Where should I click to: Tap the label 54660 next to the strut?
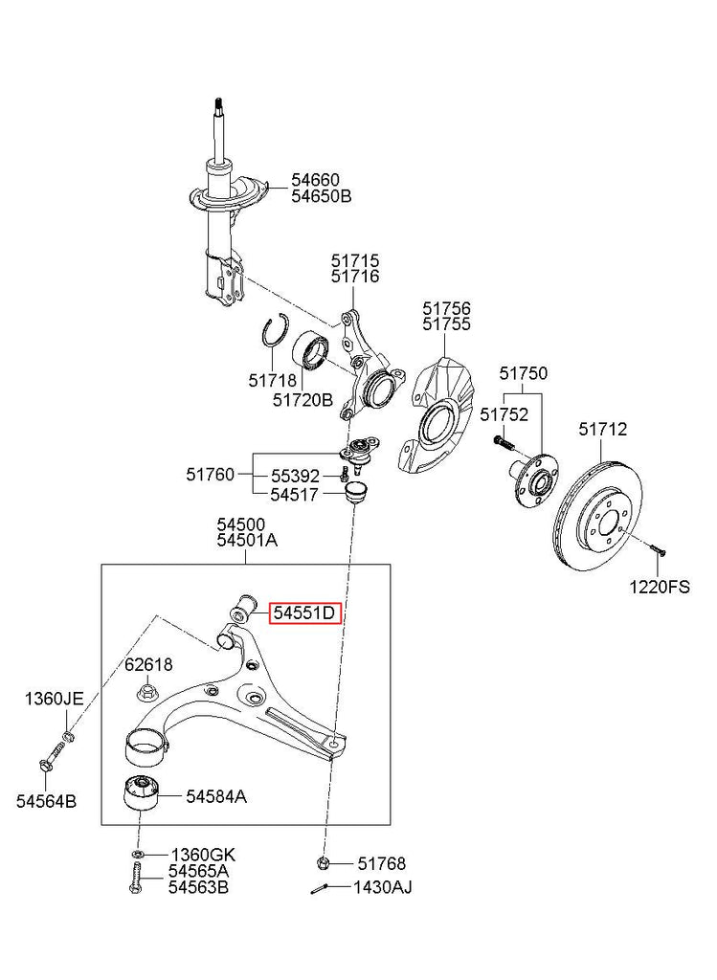315,180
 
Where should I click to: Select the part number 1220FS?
658,587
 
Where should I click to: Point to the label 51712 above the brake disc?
602,430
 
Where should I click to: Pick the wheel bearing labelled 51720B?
312,349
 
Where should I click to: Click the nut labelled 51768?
324,863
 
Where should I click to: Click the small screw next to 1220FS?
656,550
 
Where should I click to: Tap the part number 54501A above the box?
246,541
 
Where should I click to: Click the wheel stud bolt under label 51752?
504,443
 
